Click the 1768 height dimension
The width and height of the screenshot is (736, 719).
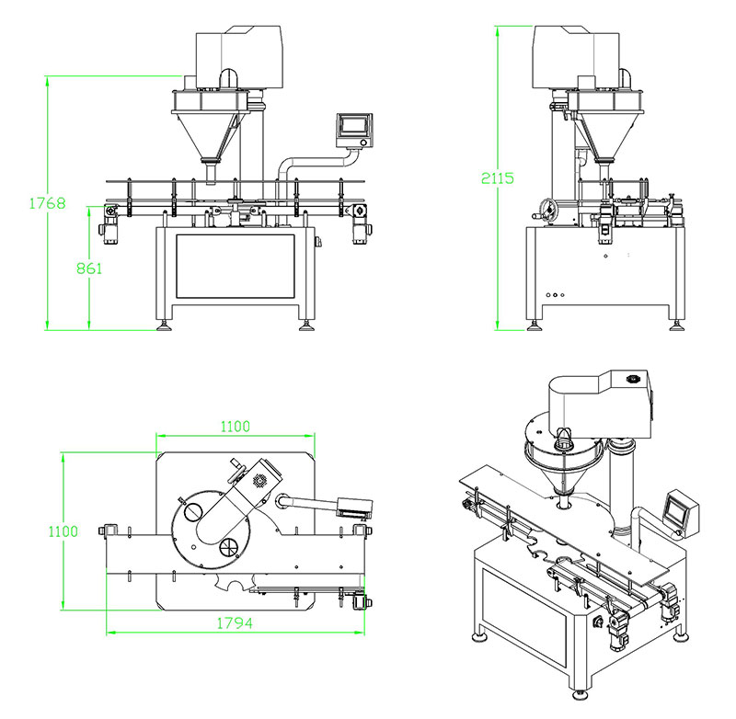[45, 202]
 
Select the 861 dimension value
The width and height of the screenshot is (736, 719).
[88, 268]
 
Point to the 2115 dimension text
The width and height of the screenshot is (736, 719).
[496, 177]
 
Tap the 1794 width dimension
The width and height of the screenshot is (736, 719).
[236, 622]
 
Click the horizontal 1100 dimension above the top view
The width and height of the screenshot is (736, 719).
[234, 427]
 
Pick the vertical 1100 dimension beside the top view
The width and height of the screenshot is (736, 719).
[60, 531]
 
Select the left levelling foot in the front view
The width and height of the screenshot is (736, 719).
[166, 323]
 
